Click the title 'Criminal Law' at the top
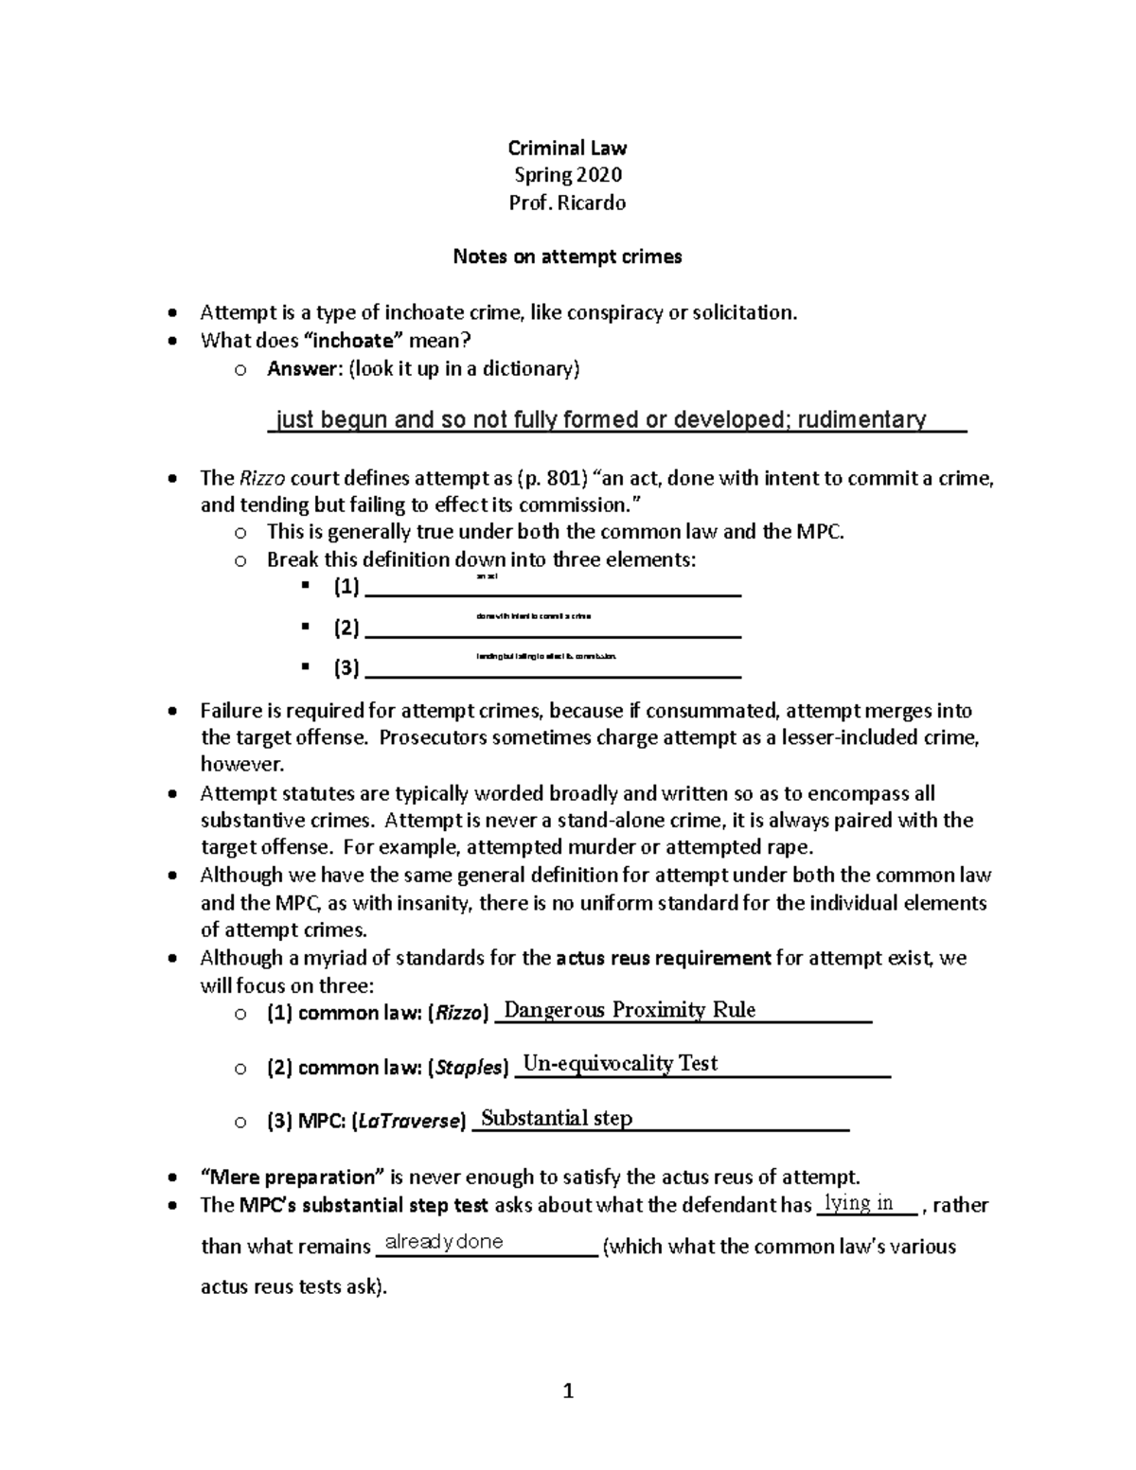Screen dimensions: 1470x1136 567,148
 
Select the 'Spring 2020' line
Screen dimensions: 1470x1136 567,175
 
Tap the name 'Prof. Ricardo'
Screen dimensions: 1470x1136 567,203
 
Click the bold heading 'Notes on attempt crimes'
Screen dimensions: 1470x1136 567,257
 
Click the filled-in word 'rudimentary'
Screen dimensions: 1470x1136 861,419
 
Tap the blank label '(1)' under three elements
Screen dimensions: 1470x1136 346,588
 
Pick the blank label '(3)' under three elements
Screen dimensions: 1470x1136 346,668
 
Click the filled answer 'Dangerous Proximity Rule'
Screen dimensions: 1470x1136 630,1010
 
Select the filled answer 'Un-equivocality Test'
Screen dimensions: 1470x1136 620,1064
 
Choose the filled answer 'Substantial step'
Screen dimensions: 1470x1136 557,1119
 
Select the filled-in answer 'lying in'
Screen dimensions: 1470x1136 860,1203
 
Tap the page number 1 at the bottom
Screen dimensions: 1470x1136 568,1390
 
